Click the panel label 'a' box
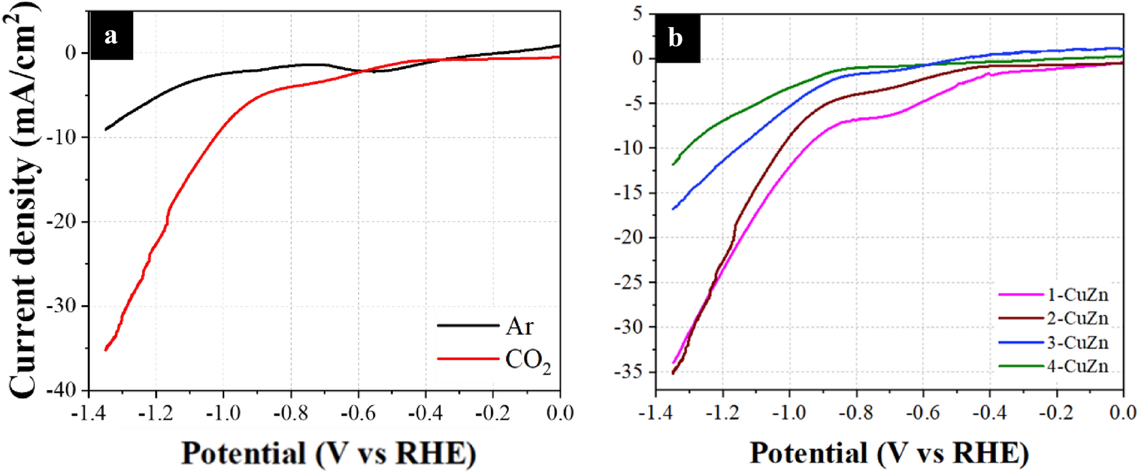coord(111,36)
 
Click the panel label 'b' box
coord(676,39)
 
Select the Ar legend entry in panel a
coord(520,326)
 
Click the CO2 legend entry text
coord(527,361)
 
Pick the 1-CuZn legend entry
coord(1077,295)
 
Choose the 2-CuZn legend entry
coord(1077,319)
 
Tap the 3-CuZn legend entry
coord(1077,343)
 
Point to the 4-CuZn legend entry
coord(1077,366)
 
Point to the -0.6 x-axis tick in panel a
coord(358,413)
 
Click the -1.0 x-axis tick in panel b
coord(789,412)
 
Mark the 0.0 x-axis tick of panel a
coord(560,413)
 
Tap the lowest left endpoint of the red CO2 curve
coord(106,350)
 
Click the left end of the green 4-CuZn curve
coord(673,165)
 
